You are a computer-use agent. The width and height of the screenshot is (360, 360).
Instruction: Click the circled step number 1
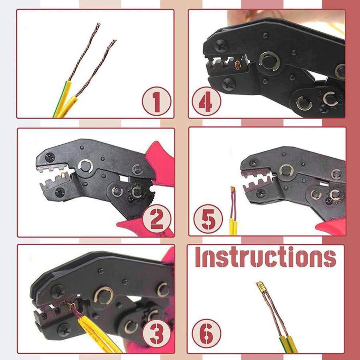[x=156, y=101]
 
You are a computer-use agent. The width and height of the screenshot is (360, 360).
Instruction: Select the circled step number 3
[x=157, y=333]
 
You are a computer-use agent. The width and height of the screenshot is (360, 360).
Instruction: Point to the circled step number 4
[x=206, y=101]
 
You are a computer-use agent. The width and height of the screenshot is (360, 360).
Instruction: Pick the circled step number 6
[x=206, y=333]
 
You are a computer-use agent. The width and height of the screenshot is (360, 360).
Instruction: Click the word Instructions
[x=266, y=257]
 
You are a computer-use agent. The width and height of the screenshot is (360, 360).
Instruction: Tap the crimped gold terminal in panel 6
[x=260, y=287]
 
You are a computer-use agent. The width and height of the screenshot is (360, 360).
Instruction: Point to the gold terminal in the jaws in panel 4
[x=238, y=65]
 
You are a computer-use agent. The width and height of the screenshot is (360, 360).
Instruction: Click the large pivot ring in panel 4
[x=269, y=61]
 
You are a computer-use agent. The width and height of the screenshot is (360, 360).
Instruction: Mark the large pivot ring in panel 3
[x=104, y=296]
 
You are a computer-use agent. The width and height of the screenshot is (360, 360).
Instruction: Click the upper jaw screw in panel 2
[x=50, y=158]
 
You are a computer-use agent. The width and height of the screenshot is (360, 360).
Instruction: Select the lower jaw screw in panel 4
[x=228, y=84]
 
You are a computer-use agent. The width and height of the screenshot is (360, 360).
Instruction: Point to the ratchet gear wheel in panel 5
[x=335, y=195]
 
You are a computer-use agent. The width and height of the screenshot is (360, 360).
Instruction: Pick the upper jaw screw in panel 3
[x=58, y=292]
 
